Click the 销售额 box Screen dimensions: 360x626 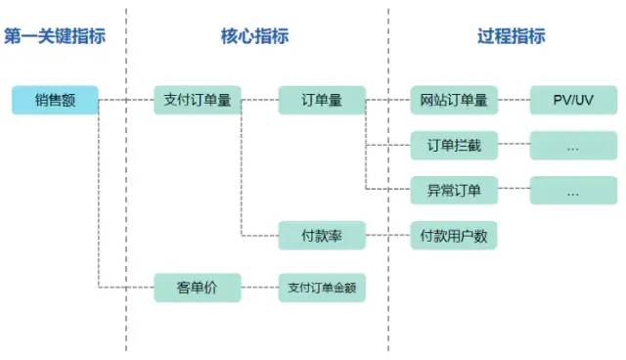[x=56, y=100]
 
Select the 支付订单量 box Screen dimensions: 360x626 [x=197, y=100]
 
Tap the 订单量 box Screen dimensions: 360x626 [x=322, y=100]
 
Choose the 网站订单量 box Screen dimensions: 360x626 [x=454, y=100]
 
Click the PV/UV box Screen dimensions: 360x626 [x=573, y=100]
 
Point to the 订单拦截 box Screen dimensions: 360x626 [x=454, y=146]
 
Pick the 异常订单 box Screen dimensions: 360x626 [x=454, y=190]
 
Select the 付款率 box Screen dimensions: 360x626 [x=322, y=235]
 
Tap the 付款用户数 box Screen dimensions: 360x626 [x=454, y=235]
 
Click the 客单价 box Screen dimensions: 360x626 [x=197, y=289]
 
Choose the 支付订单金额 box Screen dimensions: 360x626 [x=322, y=289]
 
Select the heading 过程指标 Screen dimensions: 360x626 [x=511, y=36]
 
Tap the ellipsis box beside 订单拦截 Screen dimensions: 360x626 [x=573, y=146]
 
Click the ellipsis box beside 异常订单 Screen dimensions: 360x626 [x=573, y=190]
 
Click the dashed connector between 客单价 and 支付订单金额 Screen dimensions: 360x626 [x=259, y=289]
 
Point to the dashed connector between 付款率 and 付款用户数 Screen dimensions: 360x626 [x=388, y=235]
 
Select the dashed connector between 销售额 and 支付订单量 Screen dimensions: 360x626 [x=127, y=100]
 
